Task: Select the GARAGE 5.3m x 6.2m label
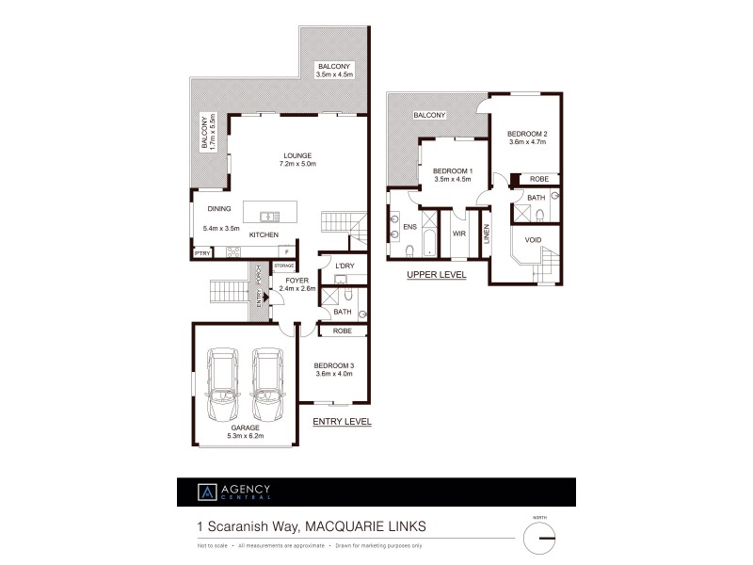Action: point(246,432)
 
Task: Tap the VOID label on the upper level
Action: point(533,239)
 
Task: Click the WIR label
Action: point(459,233)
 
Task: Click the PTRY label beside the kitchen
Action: point(201,252)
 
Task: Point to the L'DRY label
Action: point(344,266)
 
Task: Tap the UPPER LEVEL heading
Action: point(435,275)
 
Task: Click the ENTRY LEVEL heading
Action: point(342,422)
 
